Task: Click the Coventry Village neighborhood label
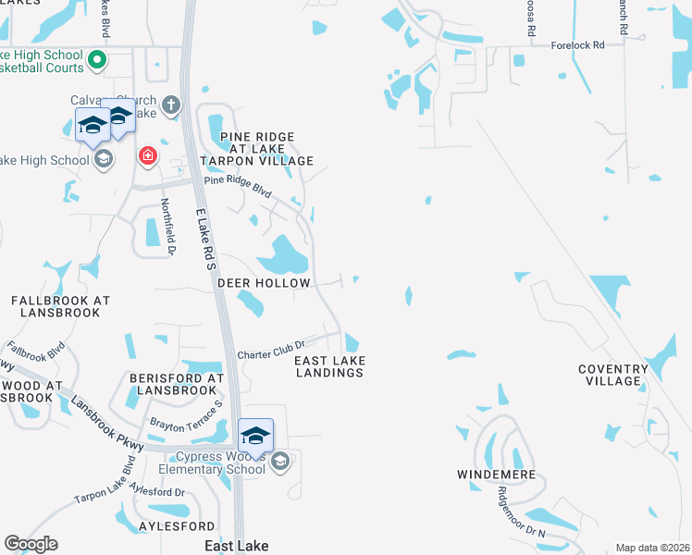tap(612, 375)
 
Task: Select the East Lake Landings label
tap(329, 366)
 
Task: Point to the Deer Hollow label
tap(264, 283)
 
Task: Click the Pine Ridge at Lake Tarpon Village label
tap(266, 149)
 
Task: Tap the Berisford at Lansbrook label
tap(177, 384)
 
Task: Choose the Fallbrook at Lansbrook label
tap(60, 306)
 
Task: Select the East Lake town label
tap(237, 547)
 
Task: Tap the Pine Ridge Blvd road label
tap(238, 188)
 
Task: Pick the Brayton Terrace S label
tap(187, 418)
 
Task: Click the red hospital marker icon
tap(148, 155)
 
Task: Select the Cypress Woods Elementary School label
tap(220, 462)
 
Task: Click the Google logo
tap(31, 544)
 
